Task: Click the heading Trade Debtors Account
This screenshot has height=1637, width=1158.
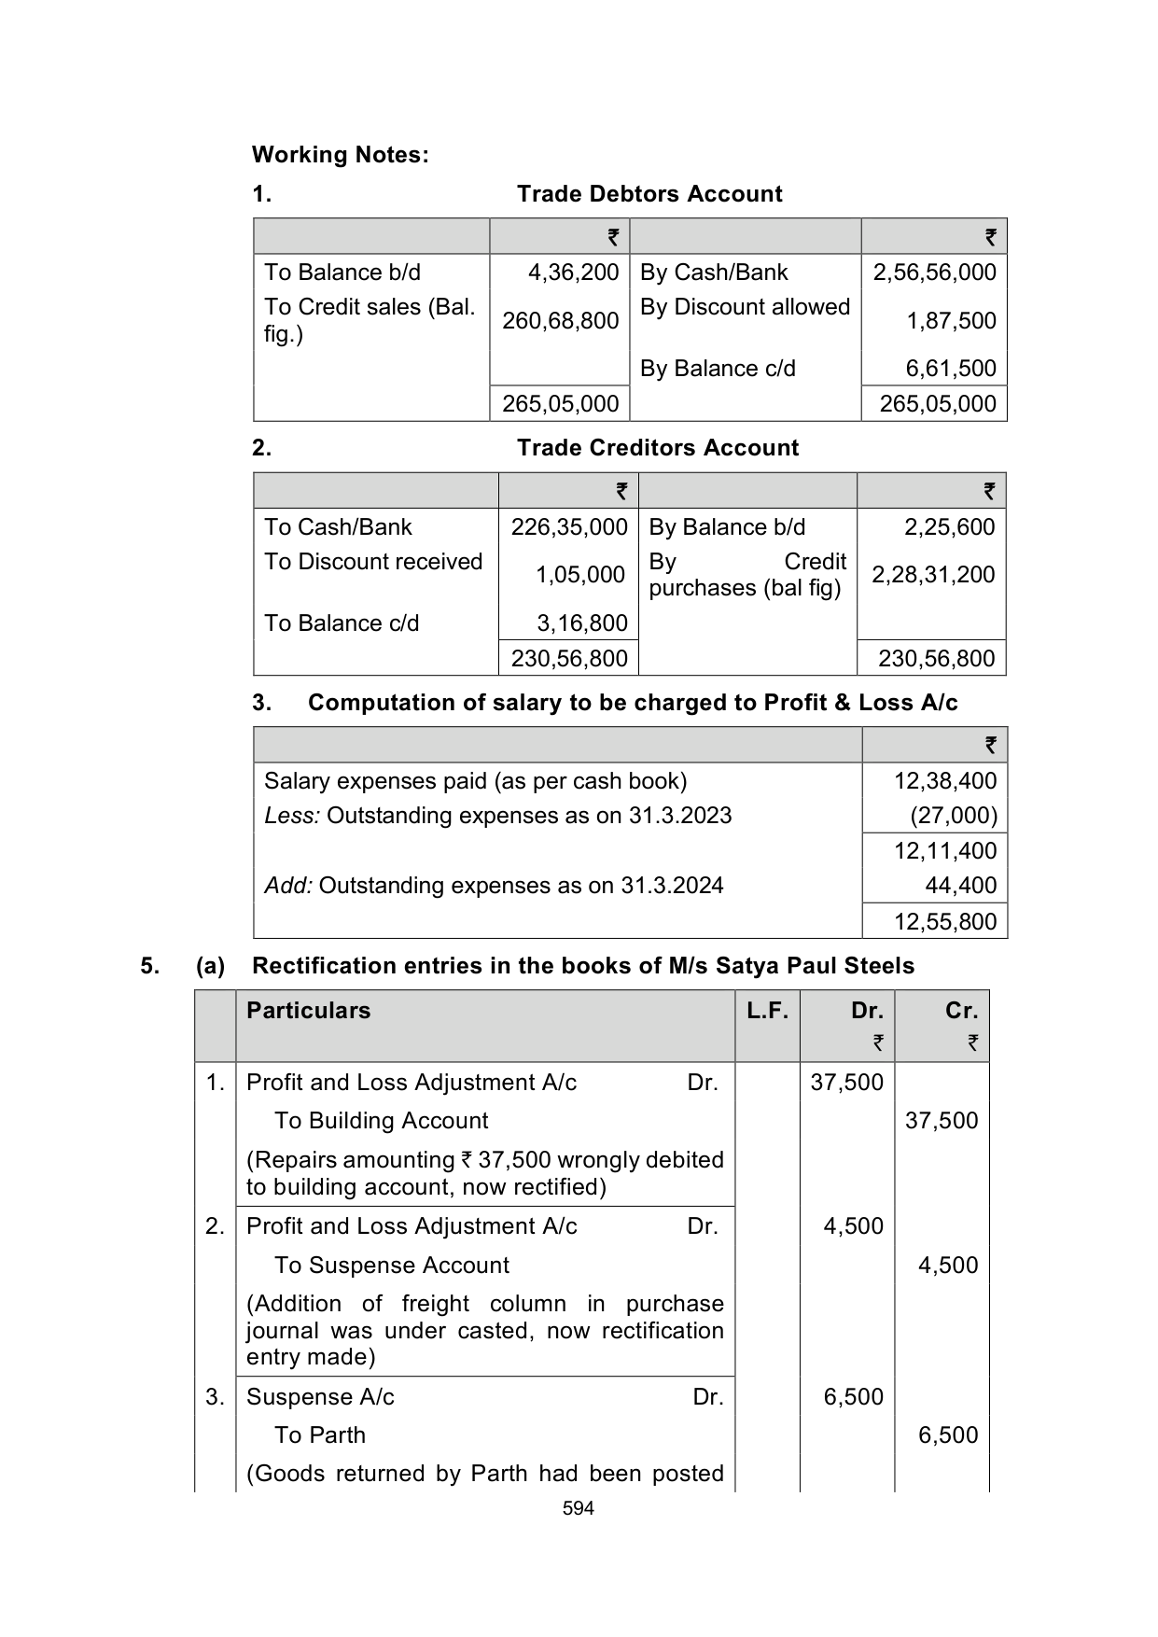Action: pyautogui.click(x=649, y=194)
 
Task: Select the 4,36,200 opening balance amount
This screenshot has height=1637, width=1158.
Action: pyautogui.click(x=573, y=273)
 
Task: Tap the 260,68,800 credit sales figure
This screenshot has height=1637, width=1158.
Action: pyautogui.click(x=560, y=321)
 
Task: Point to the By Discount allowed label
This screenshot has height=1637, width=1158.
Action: pyautogui.click(x=745, y=307)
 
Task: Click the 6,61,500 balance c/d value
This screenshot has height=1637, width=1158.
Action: pyautogui.click(x=951, y=369)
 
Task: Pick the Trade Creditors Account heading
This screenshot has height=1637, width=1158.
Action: pyautogui.click(x=658, y=448)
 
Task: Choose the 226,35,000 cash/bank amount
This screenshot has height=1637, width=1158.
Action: pyautogui.click(x=568, y=527)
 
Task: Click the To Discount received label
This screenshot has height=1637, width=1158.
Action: pyautogui.click(x=373, y=562)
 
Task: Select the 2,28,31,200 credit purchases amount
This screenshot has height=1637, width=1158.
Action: pyautogui.click(x=933, y=575)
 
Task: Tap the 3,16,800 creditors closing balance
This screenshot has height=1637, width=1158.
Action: pyautogui.click(x=581, y=623)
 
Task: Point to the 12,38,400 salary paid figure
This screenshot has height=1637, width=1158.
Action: pyautogui.click(x=944, y=781)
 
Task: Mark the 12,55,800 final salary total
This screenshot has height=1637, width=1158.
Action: pyautogui.click(x=944, y=922)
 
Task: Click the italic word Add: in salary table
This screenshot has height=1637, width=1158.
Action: pyautogui.click(x=288, y=886)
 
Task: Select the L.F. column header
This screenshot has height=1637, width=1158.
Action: pyautogui.click(x=767, y=1011)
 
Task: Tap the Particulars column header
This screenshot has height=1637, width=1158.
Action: pyautogui.click(x=308, y=1011)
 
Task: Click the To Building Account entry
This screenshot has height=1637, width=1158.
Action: pyautogui.click(x=381, y=1121)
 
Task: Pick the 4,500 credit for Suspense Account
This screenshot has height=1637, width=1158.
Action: pyautogui.click(x=947, y=1266)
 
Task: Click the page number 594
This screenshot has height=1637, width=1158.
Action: pyautogui.click(x=579, y=1508)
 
